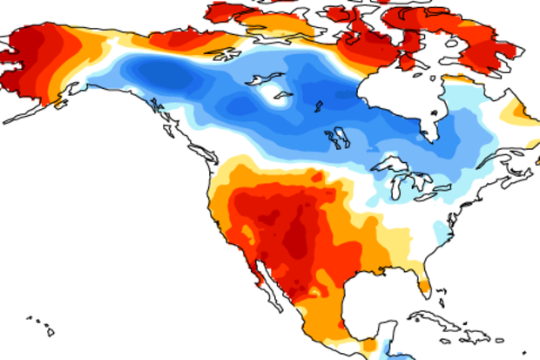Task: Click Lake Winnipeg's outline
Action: pos(335,138)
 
